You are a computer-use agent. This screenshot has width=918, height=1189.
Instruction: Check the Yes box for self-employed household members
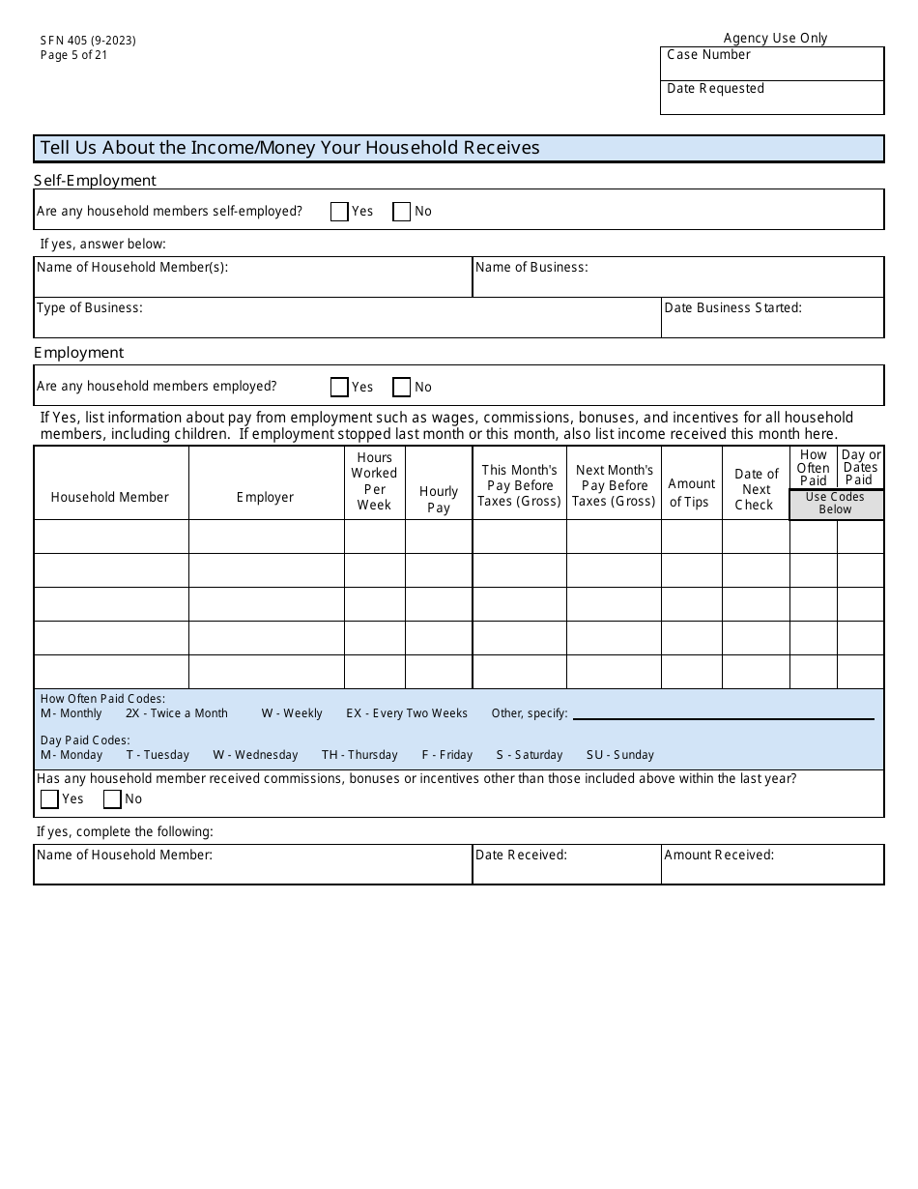pyautogui.click(x=339, y=212)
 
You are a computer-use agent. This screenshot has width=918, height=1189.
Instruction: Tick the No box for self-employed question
pyautogui.click(x=401, y=212)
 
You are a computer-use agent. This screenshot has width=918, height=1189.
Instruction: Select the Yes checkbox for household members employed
pyautogui.click(x=339, y=388)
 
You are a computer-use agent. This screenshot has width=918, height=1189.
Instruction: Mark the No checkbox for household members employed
pyautogui.click(x=401, y=388)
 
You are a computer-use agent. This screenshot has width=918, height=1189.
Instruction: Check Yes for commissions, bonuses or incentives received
pyautogui.click(x=49, y=799)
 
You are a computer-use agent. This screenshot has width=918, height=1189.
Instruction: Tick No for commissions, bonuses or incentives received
pyautogui.click(x=112, y=799)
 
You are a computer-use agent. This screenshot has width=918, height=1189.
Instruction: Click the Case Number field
pyautogui.click(x=772, y=65)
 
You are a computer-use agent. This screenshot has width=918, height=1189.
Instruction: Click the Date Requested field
pyautogui.click(x=772, y=99)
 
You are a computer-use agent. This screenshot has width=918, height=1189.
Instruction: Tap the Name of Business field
pyautogui.click(x=677, y=282)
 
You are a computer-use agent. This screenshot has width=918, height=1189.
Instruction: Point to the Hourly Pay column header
pyautogui.click(x=439, y=500)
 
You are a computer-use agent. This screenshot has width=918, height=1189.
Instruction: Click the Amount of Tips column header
pyautogui.click(x=692, y=492)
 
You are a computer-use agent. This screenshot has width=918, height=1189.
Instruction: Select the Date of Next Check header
pyautogui.click(x=756, y=489)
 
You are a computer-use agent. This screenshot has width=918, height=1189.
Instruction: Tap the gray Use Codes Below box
pyautogui.click(x=836, y=504)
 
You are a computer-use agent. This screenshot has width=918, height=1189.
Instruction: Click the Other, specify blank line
pyautogui.click(x=723, y=715)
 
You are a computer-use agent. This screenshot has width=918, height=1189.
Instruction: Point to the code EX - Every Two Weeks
pyautogui.click(x=407, y=713)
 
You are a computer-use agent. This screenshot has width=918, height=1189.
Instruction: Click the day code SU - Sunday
pyautogui.click(x=619, y=755)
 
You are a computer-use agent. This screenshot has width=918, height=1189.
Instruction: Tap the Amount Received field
pyautogui.click(x=772, y=869)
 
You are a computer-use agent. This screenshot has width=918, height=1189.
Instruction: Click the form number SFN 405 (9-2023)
pyautogui.click(x=88, y=41)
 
